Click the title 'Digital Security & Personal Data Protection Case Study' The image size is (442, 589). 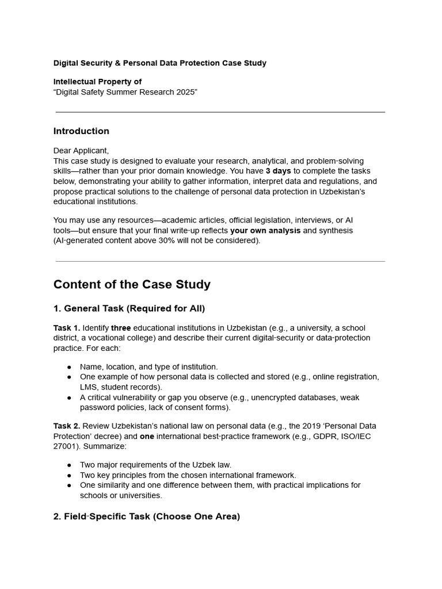pos(159,63)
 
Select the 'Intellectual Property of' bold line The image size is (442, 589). pos(97,82)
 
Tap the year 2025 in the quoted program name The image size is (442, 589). pos(183,92)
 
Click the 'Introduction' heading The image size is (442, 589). pos(81,131)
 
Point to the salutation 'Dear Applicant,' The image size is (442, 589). pos(81,151)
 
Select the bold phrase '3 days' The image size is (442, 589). pos(278,171)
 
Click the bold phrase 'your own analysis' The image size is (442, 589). pos(265,231)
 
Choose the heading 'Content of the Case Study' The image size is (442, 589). pos(132,285)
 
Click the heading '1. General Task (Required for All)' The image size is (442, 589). pos(129,309)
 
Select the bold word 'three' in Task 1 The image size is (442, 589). pos(121,328)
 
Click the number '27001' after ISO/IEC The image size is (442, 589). pos(65,446)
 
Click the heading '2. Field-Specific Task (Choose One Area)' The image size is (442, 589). pos(146,517)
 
